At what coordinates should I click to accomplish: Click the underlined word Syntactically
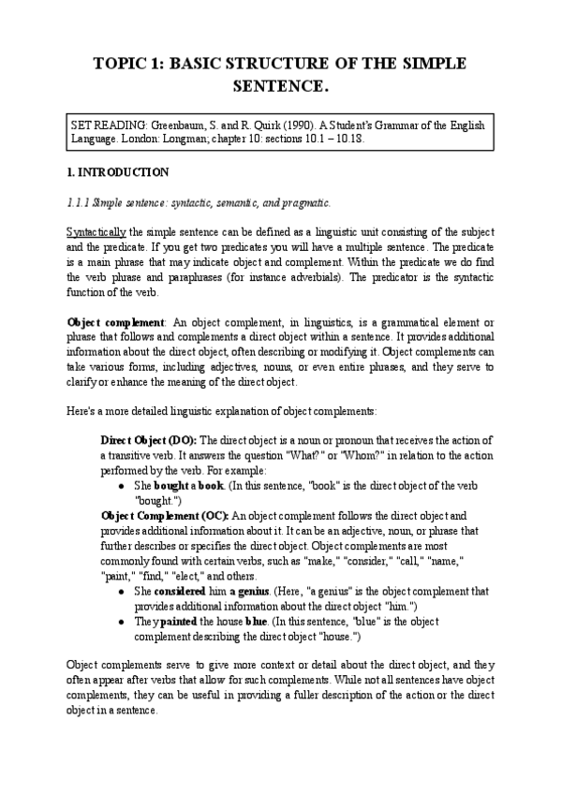coord(96,231)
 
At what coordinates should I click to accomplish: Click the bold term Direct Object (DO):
coord(149,439)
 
